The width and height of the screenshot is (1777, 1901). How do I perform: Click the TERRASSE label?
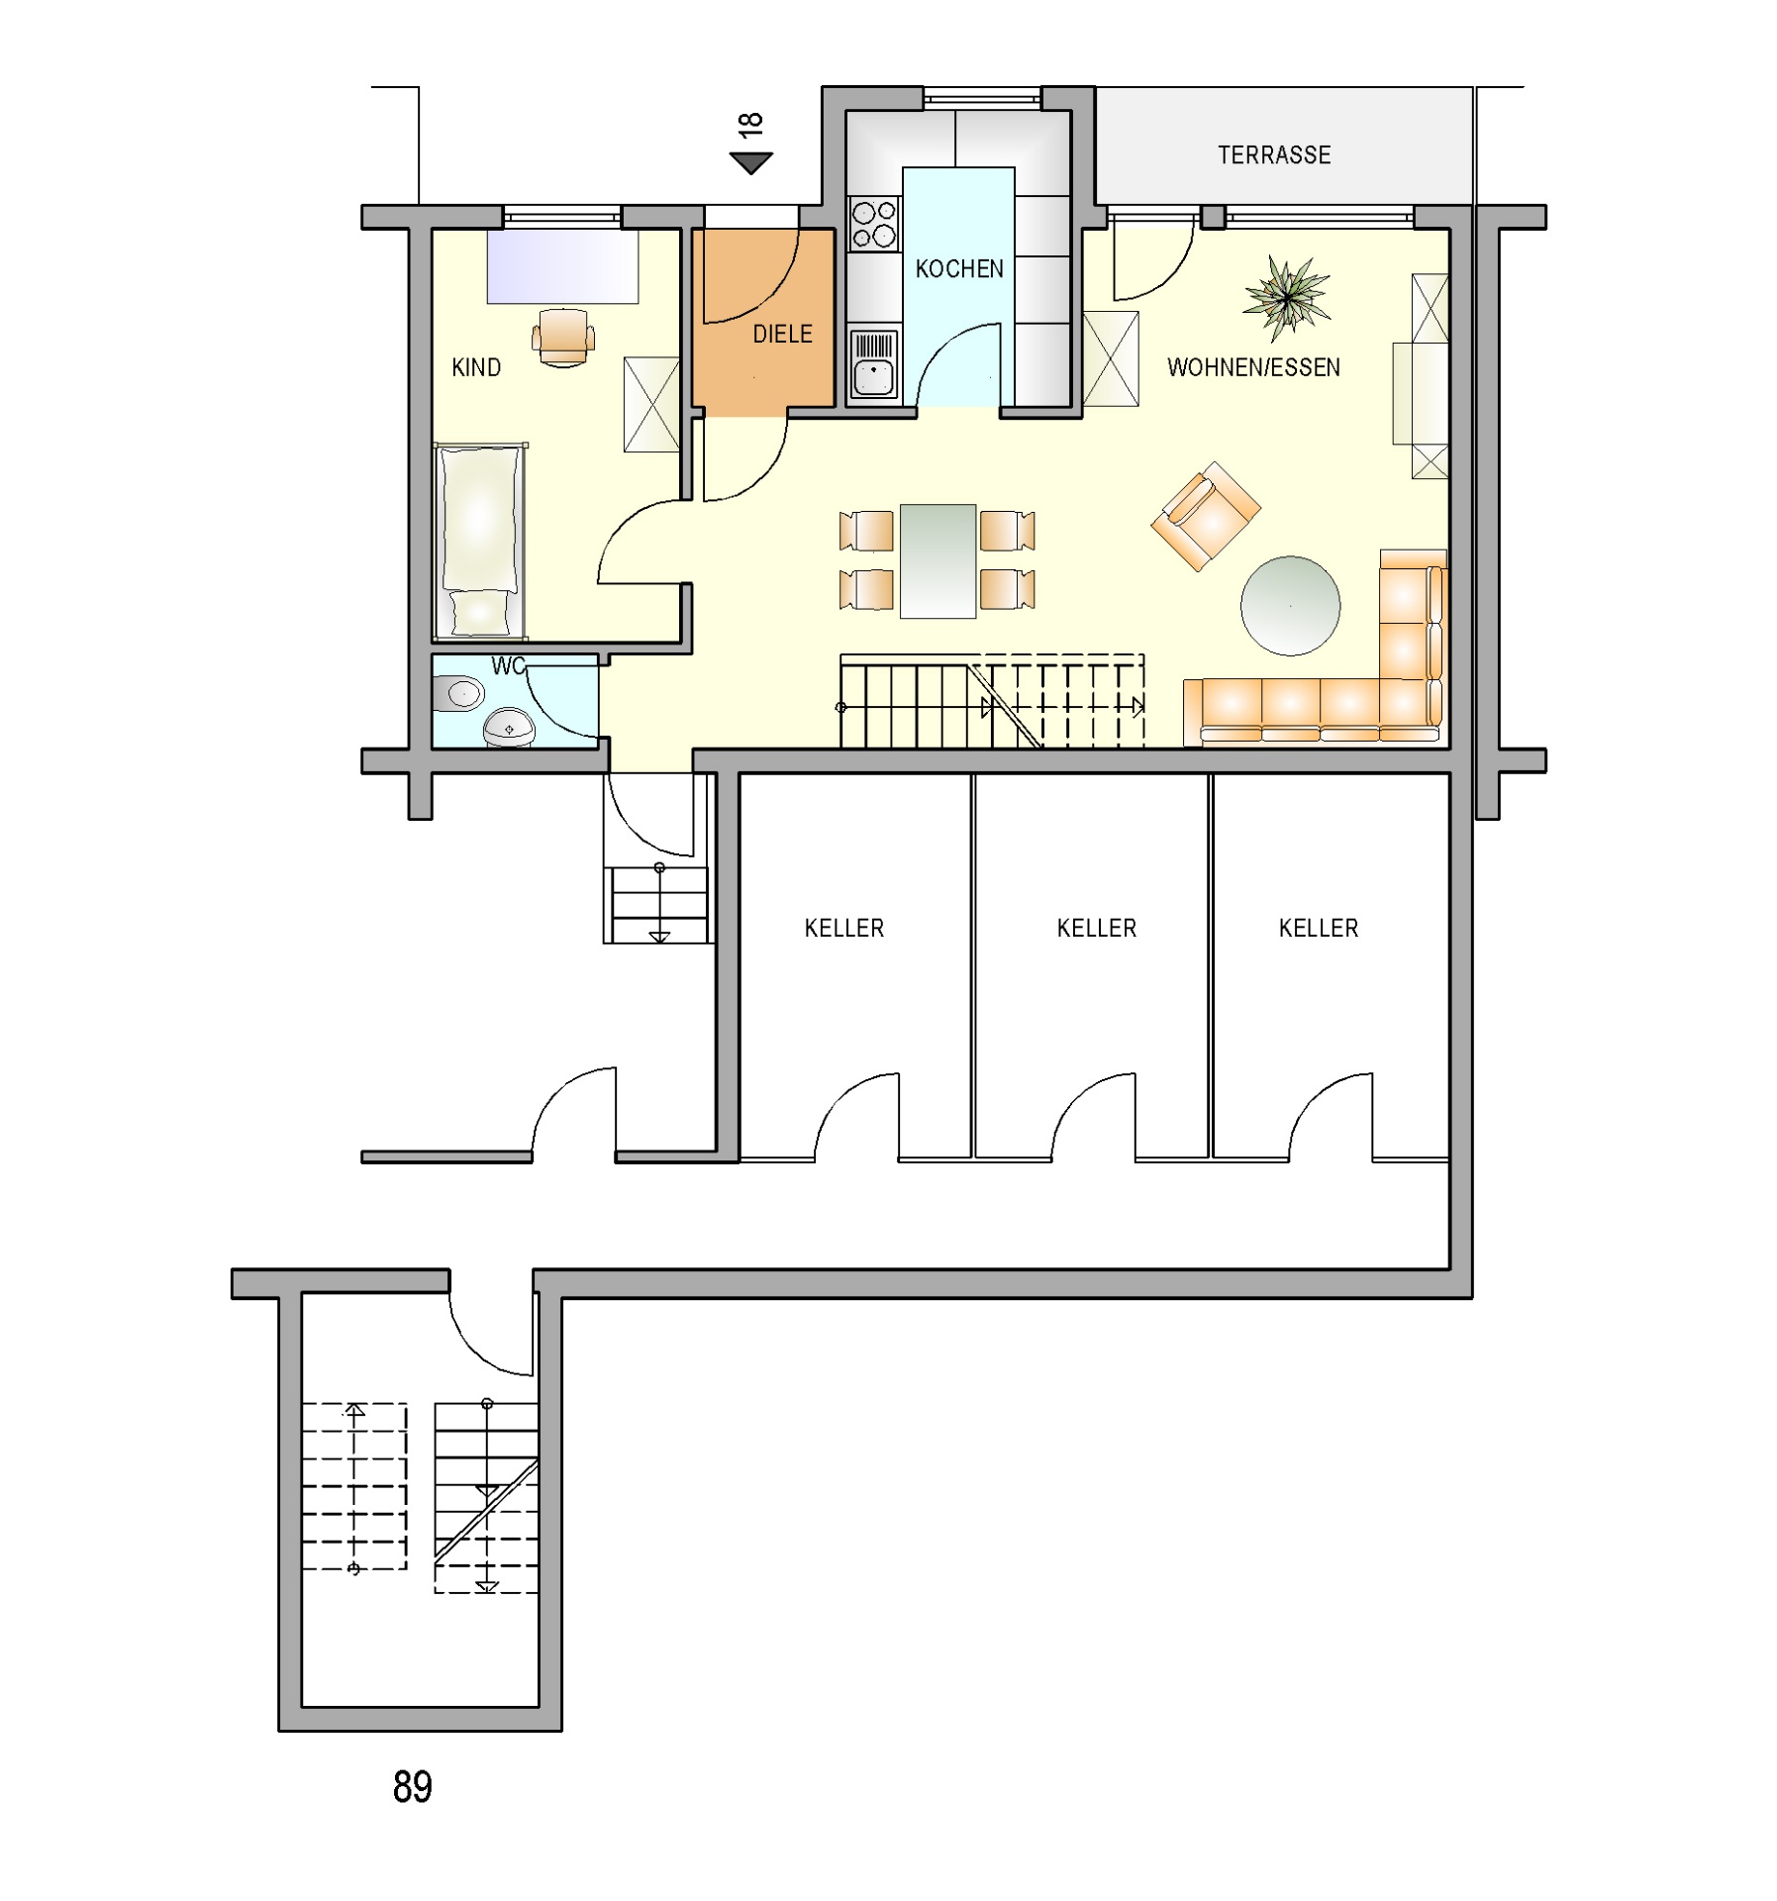point(1273,154)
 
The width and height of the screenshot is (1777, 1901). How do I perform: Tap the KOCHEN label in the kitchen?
point(958,268)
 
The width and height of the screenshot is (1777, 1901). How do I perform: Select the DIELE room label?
point(782,334)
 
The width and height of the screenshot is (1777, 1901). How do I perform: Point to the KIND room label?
point(476,367)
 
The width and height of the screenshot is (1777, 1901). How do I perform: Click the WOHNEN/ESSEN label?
point(1253,367)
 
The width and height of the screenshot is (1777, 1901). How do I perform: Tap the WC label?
point(508,666)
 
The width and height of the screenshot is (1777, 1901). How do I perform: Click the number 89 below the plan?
point(413,1786)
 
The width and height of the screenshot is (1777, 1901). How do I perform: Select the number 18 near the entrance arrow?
point(750,124)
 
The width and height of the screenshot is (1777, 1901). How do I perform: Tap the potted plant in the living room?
point(1286,296)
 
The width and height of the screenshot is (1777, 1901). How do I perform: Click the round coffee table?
point(1290,605)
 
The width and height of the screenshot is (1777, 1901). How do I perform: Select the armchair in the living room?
point(1205,516)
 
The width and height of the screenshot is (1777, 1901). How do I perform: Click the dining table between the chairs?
point(938,560)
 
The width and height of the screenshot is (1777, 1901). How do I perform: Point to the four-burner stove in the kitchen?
point(874,223)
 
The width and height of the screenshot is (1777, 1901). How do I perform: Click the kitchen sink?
point(873,363)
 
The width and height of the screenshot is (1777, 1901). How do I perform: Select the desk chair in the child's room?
point(563,337)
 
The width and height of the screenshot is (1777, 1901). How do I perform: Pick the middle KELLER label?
point(1096,928)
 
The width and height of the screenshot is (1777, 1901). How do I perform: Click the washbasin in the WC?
point(509,727)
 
